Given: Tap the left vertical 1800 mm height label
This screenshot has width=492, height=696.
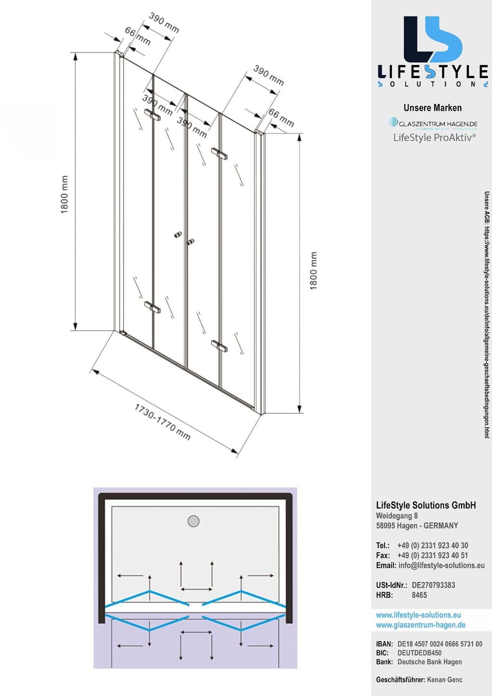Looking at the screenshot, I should pos(64,194).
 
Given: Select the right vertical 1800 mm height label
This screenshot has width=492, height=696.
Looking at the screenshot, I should pos(313,271).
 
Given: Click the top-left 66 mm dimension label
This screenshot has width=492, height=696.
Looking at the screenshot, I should pos(137,36).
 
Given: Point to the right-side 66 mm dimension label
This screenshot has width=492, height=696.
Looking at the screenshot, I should pos(281,118).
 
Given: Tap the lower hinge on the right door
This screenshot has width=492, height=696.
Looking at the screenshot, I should pos(219,346).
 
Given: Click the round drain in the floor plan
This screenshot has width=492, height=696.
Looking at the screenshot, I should pos(193,521).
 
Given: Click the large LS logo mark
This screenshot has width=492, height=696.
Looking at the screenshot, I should pos(433,39).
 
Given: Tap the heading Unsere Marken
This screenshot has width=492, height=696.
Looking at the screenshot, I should pos(432,108).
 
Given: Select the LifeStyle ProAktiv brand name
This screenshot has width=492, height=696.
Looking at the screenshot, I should pos(434,138).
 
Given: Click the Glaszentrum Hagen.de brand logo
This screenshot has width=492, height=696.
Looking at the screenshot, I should pos(433,123).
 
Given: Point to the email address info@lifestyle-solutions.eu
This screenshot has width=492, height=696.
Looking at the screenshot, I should pos(441,565).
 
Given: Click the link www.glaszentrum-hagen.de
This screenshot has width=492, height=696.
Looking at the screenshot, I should pos(421,625).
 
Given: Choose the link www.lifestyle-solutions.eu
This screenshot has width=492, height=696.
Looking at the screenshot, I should pos(418,615).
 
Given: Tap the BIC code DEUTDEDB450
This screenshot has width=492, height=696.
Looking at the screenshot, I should pos(419,653).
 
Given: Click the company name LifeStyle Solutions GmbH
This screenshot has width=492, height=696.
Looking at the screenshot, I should pos(426,506).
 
